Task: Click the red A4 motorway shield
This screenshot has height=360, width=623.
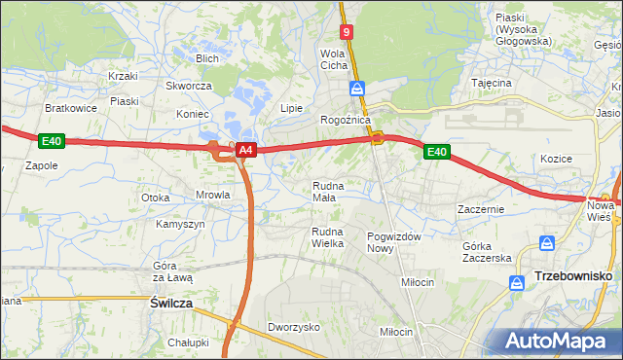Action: point(246,150)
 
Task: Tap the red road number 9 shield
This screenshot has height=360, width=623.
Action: point(348,32)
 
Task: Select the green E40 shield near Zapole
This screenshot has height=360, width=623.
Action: point(53,142)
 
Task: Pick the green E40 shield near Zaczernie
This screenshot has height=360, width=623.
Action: point(436,152)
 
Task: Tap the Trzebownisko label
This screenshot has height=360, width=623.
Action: point(573,277)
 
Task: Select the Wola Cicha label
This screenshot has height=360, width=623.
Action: point(334,59)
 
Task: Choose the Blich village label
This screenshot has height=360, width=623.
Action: point(206,58)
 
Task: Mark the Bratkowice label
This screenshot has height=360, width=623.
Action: point(70,108)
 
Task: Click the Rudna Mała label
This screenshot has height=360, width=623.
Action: point(328,191)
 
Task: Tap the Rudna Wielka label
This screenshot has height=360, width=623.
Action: point(328,236)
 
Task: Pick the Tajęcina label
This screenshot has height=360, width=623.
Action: point(492,83)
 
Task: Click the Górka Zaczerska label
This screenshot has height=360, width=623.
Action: point(487,252)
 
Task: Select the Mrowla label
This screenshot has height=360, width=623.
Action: point(212,195)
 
